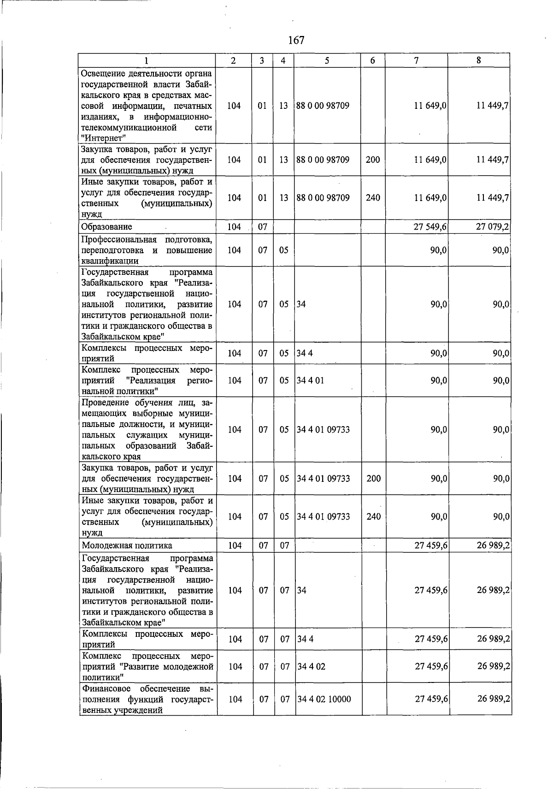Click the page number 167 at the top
(x=296, y=40)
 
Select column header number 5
(x=327, y=60)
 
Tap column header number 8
(x=479, y=60)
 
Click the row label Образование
(x=106, y=227)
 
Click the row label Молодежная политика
(x=127, y=546)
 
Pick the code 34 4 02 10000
(x=324, y=700)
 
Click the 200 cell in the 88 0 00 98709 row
(x=373, y=160)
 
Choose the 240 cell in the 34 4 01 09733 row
(x=373, y=516)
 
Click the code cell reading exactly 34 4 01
(x=311, y=380)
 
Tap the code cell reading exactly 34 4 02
(x=311, y=667)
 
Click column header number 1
(x=147, y=60)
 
